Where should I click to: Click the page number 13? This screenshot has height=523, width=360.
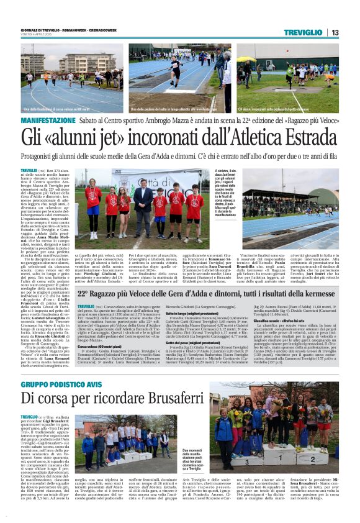[x=336, y=32]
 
